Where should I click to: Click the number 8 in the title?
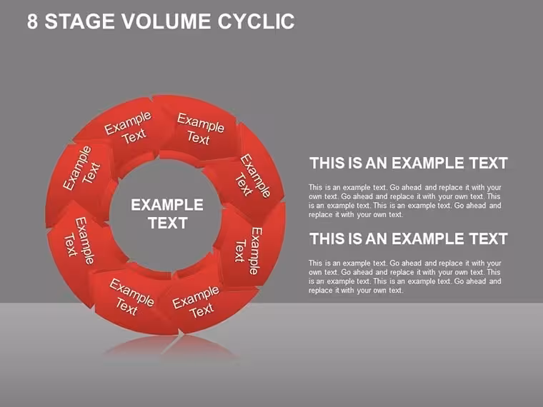click(32, 21)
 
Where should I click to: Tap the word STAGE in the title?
click(79, 21)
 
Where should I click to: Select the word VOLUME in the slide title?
click(166, 21)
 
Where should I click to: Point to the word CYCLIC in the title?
click(256, 21)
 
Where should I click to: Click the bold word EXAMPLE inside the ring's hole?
click(167, 205)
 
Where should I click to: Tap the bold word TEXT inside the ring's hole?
click(168, 223)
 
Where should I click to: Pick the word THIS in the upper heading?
click(328, 163)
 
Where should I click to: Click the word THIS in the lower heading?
click(328, 238)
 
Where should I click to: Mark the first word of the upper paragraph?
click(316, 187)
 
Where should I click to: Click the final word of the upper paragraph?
click(396, 215)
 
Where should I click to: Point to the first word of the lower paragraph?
click(316, 263)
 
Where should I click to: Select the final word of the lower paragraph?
click(396, 291)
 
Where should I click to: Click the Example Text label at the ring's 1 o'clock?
click(200, 129)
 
